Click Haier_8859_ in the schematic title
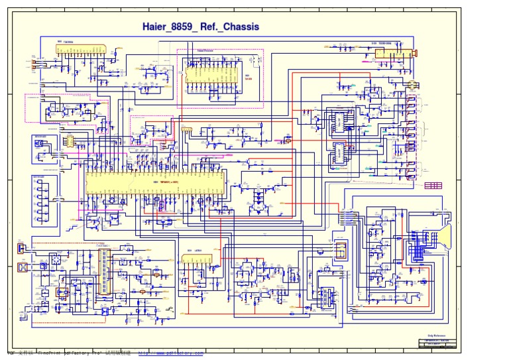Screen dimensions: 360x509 171,27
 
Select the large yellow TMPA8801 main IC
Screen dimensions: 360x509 155,181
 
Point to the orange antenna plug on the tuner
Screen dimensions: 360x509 416,52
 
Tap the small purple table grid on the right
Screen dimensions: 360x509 433,186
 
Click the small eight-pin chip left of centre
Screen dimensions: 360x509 68,141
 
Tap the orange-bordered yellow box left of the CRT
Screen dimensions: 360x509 341,250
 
